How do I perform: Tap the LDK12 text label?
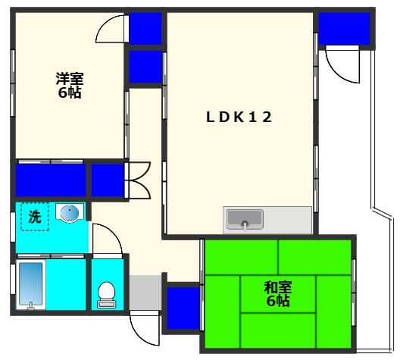(x=239, y=117)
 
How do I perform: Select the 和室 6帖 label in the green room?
(x=278, y=294)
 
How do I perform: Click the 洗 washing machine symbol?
(x=34, y=216)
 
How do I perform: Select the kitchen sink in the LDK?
(x=244, y=221)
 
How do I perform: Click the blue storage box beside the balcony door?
(x=343, y=28)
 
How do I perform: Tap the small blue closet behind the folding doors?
(x=108, y=181)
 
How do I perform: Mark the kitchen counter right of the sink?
(x=287, y=221)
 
